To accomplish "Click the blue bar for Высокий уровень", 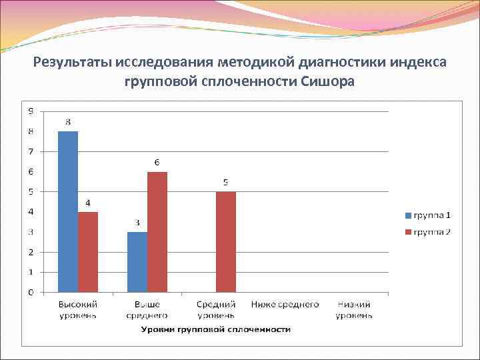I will pos(68,211).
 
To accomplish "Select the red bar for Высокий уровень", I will pos(88,252).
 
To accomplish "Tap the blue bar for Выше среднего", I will pos(137,262).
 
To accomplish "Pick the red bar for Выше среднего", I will pos(157,231).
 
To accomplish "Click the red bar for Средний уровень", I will pos(225,241).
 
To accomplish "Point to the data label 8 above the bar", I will pos(68,122).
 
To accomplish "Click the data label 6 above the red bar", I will pos(157,162).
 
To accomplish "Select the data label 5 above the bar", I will pos(226,182).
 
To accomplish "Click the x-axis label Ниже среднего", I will pos(285,305).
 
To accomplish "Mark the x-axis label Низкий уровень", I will pos(354,309).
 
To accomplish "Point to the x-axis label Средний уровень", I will pos(216,309).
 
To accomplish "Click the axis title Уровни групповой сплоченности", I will pos(215,329).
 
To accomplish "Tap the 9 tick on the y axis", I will pos(30,111).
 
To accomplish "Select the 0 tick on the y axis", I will pos(30,292).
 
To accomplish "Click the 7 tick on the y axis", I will pos(30,151).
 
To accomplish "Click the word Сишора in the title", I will pos(328,82).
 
